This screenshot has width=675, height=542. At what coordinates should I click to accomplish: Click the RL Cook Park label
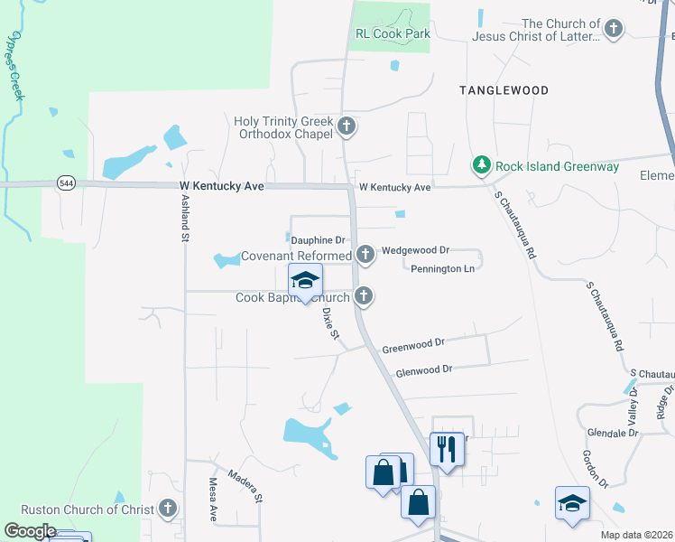pyautogui.click(x=392, y=33)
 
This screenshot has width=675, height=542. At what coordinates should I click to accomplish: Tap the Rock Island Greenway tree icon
pyautogui.click(x=482, y=165)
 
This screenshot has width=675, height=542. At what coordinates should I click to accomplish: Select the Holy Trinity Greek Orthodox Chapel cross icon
pyautogui.click(x=347, y=128)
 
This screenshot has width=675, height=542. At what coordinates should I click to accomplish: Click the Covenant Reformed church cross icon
pyautogui.click(x=365, y=256)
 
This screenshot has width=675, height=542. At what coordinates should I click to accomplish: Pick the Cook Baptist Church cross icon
pyautogui.click(x=364, y=295)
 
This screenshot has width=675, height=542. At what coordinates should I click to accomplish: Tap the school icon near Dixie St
pyautogui.click(x=305, y=280)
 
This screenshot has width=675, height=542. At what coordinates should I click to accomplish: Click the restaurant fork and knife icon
pyautogui.click(x=447, y=446)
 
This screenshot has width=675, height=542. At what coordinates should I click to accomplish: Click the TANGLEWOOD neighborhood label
pyautogui.click(x=503, y=90)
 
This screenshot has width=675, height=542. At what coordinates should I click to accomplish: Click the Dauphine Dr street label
pyautogui.click(x=318, y=240)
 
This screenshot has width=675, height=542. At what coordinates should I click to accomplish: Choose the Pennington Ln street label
pyautogui.click(x=442, y=269)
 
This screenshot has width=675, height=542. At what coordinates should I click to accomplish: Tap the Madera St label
pyautogui.click(x=245, y=485)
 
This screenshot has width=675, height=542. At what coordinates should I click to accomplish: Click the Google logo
pyautogui.click(x=30, y=531)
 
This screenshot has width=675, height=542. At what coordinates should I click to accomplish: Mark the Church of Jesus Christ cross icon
pyautogui.click(x=613, y=29)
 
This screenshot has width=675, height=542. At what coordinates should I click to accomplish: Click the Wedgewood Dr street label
pyautogui.click(x=415, y=249)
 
